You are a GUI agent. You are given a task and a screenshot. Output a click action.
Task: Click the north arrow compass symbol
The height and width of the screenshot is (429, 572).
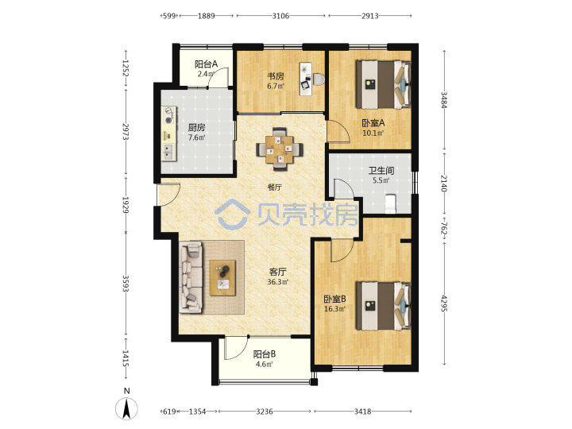tap(126, 408)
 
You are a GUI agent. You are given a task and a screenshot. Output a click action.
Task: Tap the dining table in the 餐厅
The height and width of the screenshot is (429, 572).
tap(280, 149)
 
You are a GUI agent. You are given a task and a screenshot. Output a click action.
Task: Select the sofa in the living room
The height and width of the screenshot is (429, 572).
tap(191, 277)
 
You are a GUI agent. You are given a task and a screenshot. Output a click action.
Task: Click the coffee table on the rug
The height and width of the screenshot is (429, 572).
tap(222, 278)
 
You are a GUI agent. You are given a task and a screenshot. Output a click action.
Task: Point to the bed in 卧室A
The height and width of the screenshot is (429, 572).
tap(384, 85)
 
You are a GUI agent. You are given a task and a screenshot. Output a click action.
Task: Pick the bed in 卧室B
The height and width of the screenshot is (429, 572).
tap(384, 306)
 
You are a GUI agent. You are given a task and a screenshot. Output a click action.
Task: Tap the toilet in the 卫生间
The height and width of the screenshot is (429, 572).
tap(391, 203)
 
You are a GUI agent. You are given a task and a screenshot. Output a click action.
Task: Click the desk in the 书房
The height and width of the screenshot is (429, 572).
tap(307, 79)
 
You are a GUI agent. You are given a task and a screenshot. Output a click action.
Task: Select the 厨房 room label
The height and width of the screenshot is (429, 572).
tap(197, 128)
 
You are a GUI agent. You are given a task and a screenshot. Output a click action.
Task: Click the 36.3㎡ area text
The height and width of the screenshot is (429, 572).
tap(278, 282)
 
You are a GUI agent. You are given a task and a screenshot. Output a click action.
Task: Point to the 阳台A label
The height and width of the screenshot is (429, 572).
tap(206, 64)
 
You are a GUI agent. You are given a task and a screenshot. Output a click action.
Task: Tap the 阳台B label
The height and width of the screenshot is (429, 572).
tap(265, 354)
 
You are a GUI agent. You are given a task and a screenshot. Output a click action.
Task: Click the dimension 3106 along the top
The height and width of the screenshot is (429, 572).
tap(280, 16)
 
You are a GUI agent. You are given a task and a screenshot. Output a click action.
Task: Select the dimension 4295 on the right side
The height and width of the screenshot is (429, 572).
tap(444, 303)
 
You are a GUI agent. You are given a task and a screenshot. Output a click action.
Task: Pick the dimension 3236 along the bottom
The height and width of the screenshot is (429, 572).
tap(265, 412)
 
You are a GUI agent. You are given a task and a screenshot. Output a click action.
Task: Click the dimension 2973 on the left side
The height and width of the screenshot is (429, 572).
tap(126, 132)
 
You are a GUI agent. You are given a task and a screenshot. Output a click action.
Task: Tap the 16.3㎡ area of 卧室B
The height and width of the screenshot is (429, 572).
tap(335, 309)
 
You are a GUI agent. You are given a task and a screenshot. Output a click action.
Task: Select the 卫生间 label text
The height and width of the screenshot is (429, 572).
tap(381, 170)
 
